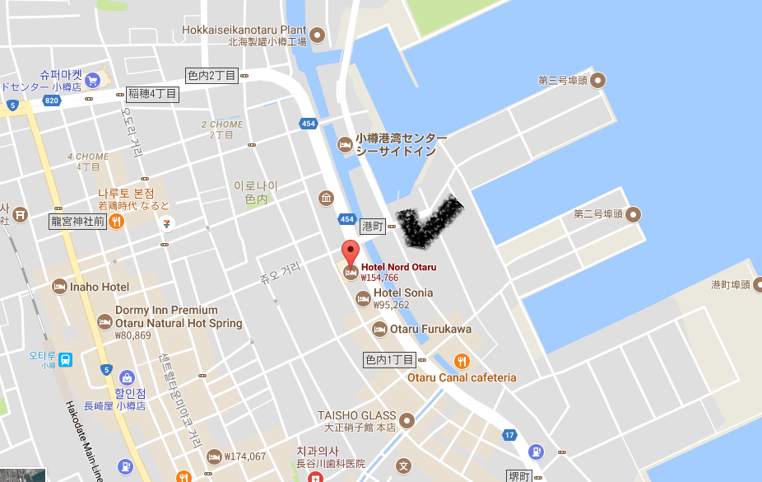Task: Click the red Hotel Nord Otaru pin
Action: (x=351, y=253)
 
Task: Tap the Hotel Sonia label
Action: (x=403, y=293)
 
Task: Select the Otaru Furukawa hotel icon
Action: (x=379, y=330)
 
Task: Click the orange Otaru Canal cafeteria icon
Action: (x=462, y=361)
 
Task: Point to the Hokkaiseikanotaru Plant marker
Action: (x=317, y=35)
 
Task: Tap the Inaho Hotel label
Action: (x=100, y=287)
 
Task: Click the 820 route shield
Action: (x=52, y=101)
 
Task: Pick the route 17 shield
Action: (x=509, y=435)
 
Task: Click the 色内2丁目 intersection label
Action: (x=211, y=75)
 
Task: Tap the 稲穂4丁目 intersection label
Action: (x=152, y=94)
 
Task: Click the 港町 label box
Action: (x=373, y=225)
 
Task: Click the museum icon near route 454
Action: (x=327, y=198)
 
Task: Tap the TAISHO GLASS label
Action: (x=357, y=415)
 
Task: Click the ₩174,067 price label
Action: (x=244, y=456)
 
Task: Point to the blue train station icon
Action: (x=65, y=359)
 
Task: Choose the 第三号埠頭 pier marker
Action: (x=598, y=80)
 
